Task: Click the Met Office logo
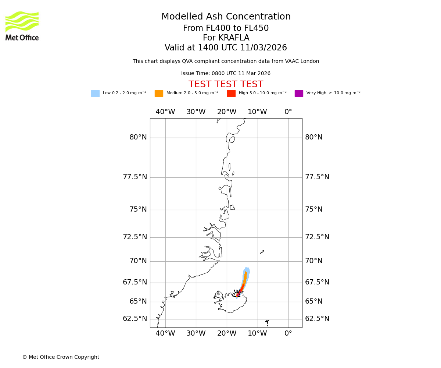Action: coord(22,26)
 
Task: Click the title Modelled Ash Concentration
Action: coord(226,17)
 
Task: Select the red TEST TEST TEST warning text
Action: coord(226,85)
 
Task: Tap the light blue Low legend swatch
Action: coord(95,93)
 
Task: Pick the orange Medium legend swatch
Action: coord(159,93)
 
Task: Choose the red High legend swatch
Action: coord(231,93)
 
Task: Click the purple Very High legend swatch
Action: coord(299,93)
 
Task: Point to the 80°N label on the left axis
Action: coord(138,138)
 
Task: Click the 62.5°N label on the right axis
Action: coord(317,319)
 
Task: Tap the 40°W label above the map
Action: coord(165,112)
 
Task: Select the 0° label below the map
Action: coord(288,334)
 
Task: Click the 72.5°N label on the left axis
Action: coord(135,237)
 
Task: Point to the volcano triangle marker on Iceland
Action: coord(238,294)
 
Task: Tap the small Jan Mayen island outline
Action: coord(262,252)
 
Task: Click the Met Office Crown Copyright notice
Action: coord(61,357)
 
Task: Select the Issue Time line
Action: coord(226,74)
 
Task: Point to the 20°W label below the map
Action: coord(227,334)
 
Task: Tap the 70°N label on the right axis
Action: coord(313,261)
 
